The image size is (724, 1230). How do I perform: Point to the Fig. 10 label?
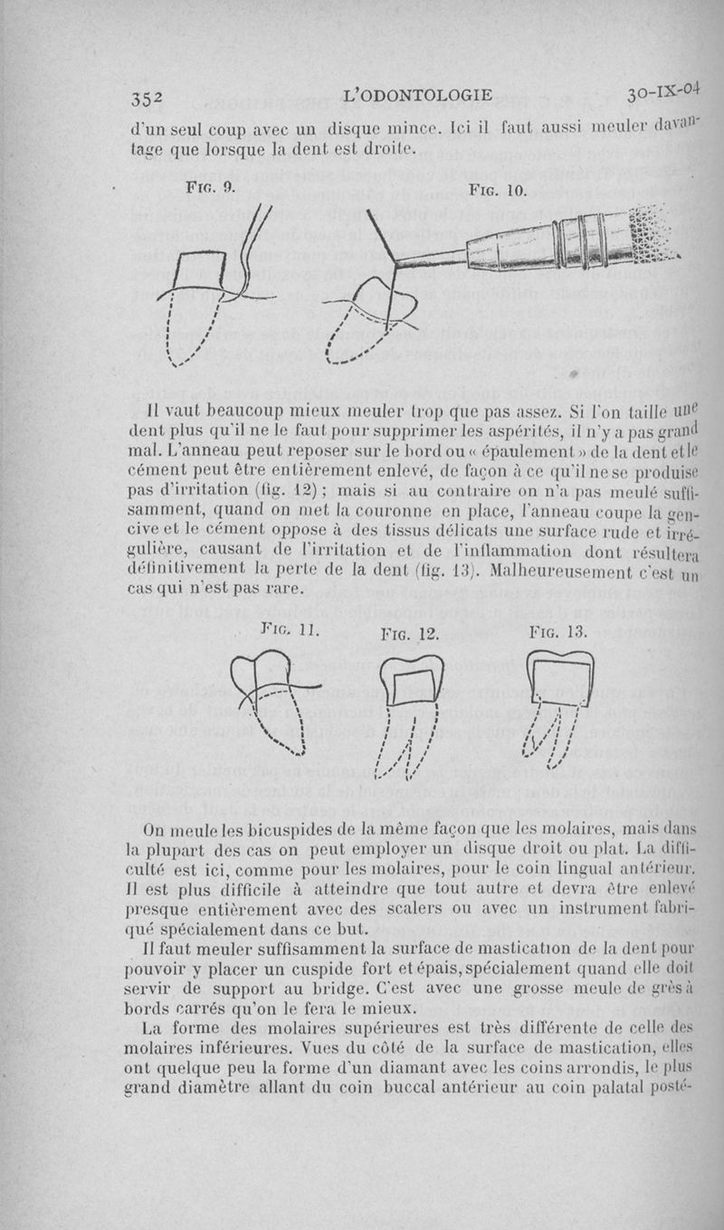coord(497,191)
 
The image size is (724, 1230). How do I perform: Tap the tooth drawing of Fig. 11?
coord(276,701)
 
